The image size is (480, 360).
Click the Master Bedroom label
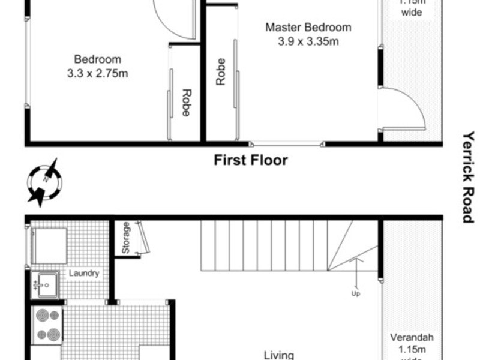coord(308,28)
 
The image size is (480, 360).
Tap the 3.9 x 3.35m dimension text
coord(308,42)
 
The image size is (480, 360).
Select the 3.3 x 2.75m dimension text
coord(98,74)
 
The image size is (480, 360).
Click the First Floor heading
coord(251,160)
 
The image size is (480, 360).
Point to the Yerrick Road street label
coord(469,177)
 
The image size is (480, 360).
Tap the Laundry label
coord(83,274)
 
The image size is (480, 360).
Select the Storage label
coord(125,238)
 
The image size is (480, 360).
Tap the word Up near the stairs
coord(356,294)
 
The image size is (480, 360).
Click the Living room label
coord(279,355)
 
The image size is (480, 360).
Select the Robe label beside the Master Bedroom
coord(221,71)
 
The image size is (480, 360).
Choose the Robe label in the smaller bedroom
coord(186,102)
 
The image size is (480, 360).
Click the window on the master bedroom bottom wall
coord(287,144)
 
